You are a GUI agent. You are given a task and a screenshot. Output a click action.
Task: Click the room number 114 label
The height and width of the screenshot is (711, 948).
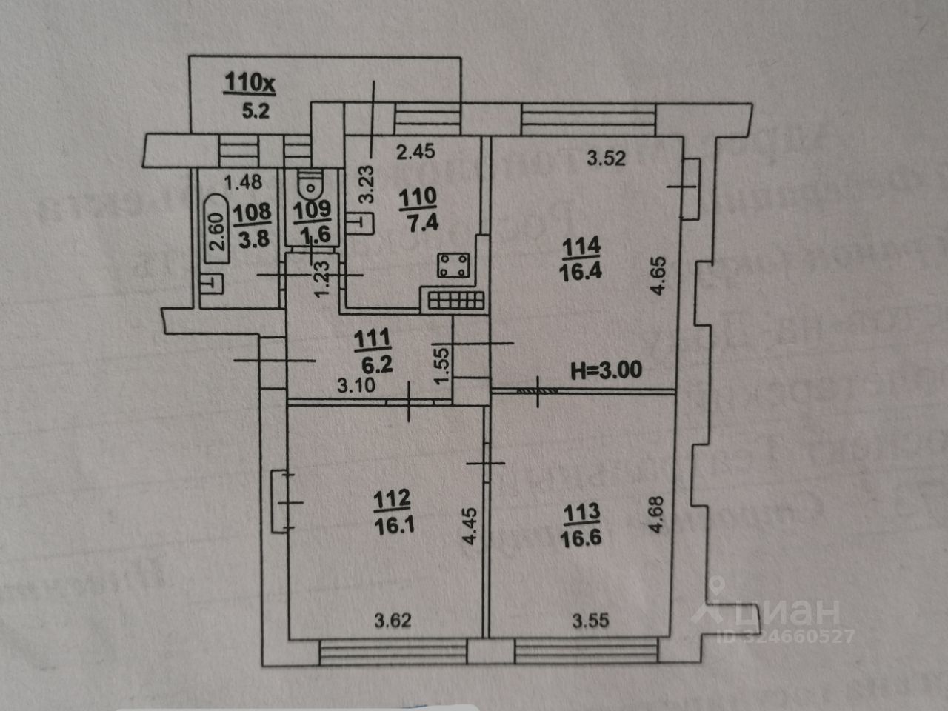coord(581,245)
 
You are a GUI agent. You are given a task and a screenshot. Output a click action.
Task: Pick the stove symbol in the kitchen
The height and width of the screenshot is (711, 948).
coord(451,265)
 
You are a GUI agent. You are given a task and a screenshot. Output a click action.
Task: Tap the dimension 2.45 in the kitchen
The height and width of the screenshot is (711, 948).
coord(415,153)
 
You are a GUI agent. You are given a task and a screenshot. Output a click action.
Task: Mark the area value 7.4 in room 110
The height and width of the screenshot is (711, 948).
coord(418,220)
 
